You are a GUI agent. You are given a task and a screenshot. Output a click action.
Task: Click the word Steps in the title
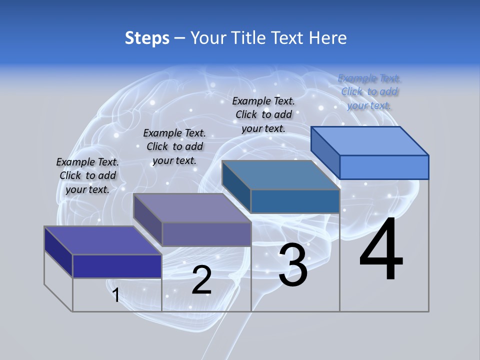[147, 37]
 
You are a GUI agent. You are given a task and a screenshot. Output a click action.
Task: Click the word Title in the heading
[248, 37]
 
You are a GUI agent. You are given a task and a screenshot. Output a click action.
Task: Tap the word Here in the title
[328, 37]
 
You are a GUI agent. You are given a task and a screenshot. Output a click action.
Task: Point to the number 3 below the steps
[293, 265]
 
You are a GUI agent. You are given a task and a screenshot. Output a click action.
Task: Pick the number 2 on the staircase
[201, 280]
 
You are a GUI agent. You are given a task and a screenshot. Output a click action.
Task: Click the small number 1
[116, 295]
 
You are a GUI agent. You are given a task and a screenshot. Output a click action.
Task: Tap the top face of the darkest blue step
[102, 240]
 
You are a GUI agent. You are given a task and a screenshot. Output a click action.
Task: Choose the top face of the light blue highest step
[369, 141]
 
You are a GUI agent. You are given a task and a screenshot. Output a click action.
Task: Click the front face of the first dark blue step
[117, 266]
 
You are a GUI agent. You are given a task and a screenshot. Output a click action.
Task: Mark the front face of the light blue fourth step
[384, 167]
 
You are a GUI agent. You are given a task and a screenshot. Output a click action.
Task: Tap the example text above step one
[87, 175]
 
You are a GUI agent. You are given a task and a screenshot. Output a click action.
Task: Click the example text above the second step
[174, 146]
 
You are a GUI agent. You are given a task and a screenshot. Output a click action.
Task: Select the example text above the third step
[263, 114]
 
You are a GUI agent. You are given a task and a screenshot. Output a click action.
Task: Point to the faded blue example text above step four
[369, 91]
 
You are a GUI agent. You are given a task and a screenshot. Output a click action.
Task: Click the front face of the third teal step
[295, 201]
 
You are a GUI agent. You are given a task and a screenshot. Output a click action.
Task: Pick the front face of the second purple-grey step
[206, 234]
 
